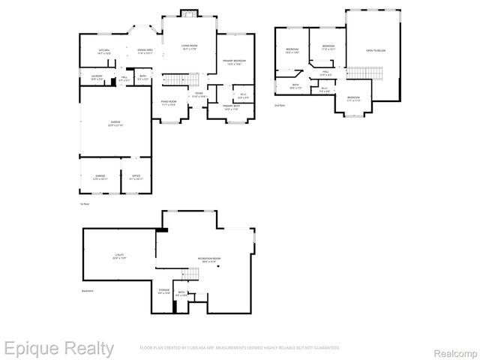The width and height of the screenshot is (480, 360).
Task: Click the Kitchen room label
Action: [104, 52]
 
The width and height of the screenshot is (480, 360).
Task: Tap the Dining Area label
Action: [145, 52]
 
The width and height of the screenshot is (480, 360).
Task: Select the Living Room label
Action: [189, 47]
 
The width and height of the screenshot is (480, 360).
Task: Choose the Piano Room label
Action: [169, 103]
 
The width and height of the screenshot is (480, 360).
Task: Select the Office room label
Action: [136, 177]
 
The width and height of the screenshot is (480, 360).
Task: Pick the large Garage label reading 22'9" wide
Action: [115, 123]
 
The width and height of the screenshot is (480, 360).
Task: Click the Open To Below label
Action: [375, 51]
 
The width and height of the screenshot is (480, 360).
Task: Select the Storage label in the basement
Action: [164, 290]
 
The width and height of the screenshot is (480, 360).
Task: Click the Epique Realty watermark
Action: [58, 348]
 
